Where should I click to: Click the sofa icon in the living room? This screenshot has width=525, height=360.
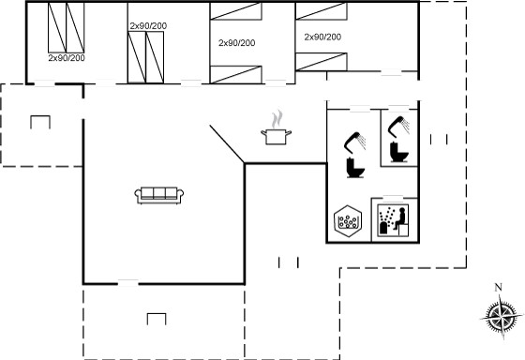tap(159, 196)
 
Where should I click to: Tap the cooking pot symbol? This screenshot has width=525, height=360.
tap(276, 137)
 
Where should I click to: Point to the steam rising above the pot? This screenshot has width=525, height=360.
tap(277, 119)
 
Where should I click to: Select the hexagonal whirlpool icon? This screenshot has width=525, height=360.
tap(348, 220)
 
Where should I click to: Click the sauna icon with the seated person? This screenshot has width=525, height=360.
tap(393, 220)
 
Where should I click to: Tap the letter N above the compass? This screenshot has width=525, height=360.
tap(499, 287)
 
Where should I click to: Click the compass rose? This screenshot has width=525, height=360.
tap(502, 317)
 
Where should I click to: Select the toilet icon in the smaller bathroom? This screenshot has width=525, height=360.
tap(399, 152)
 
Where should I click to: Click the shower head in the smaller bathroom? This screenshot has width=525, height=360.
tap(398, 125)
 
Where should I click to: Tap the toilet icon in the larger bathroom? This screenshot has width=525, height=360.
tap(355, 167)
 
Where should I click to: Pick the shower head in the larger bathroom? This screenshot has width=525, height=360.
tap(354, 142)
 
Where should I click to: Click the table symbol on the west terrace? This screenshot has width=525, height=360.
tap(40, 122)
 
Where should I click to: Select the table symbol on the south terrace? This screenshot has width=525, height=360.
tap(157, 319)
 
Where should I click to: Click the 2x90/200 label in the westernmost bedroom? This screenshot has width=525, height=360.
tap(67, 58)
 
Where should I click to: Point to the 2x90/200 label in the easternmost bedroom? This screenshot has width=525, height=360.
tap(322, 37)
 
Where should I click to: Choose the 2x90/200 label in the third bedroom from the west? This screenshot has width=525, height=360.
tap(236, 43)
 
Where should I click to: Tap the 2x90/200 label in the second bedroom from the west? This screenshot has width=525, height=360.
tap(148, 26)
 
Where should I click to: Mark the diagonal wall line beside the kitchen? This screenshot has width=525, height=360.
tap(227, 144)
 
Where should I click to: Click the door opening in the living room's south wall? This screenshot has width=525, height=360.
tap(128, 283)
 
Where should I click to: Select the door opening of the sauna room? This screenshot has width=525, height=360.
tap(393, 198)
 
